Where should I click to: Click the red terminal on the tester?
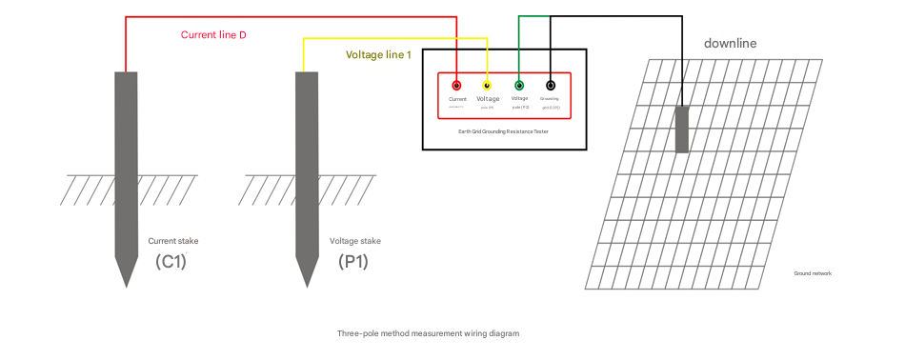456,85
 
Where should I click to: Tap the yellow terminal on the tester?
488,85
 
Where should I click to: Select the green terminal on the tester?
519,85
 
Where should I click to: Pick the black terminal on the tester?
551,85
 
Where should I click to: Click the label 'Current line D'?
214,35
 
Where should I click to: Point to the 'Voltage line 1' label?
378,55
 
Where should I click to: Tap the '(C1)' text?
171,261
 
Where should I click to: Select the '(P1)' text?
352,261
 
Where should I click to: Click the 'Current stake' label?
173,241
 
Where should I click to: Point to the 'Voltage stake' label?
354,241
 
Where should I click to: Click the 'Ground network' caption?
813,273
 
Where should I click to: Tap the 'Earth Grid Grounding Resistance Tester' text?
503,131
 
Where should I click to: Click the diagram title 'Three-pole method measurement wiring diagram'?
428,334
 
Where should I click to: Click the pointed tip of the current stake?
125,285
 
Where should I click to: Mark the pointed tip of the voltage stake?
306,285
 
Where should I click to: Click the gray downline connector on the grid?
682,129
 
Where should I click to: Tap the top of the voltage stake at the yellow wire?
306,73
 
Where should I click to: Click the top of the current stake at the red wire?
125,73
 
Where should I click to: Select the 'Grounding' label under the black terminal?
550,98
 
